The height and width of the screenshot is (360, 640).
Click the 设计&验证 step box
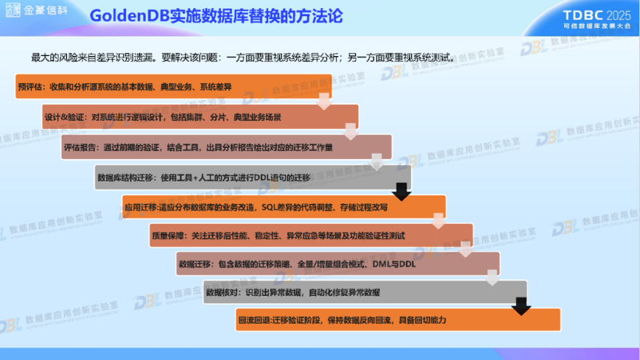tap(200, 117)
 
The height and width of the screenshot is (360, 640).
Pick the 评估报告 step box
tap(227, 146)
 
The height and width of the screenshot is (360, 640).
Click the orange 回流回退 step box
tap(398, 320)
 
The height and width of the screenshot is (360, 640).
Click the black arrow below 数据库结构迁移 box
tap(402, 192)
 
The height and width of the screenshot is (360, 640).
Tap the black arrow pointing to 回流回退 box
tap(520, 306)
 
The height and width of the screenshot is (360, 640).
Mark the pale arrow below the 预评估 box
tap(324, 102)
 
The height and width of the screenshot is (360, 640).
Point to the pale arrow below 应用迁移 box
tap(439, 221)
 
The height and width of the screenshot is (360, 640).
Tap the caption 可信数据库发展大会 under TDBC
tap(597, 26)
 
